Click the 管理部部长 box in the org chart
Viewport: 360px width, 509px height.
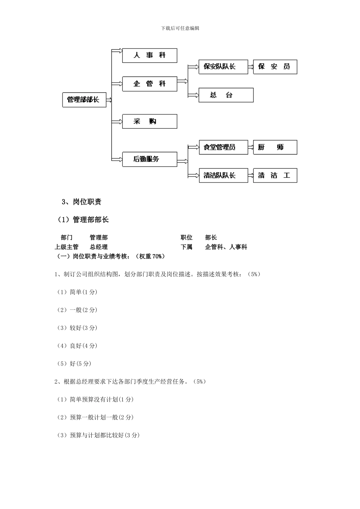pyautogui.click(x=84, y=100)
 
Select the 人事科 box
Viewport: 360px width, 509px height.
pyautogui.click(x=150, y=55)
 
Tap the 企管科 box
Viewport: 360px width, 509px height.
pyautogui.click(x=150, y=84)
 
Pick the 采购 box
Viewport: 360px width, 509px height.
pyautogui.click(x=150, y=122)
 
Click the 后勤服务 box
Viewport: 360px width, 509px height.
pyautogui.click(x=150, y=159)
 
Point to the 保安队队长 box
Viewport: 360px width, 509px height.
pyautogui.click(x=223, y=67)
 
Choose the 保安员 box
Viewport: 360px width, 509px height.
pyautogui.click(x=275, y=67)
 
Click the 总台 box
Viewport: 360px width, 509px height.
pyautogui.click(x=226, y=95)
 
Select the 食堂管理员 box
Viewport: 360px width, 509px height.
pyautogui.click(x=223, y=147)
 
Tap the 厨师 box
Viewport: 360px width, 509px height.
pyautogui.click(x=275, y=147)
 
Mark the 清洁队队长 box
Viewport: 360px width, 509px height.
pyautogui.click(x=223, y=175)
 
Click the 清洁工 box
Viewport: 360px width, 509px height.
pyautogui.click(x=275, y=175)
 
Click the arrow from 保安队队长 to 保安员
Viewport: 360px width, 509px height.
pyautogui.click(x=250, y=67)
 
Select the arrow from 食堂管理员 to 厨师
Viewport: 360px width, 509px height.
pyautogui.click(x=250, y=147)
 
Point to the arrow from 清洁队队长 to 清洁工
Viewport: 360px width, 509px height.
pyautogui.click(x=250, y=175)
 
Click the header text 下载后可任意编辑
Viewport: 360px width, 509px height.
pyautogui.click(x=180, y=28)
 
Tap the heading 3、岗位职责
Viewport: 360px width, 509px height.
pyautogui.click(x=81, y=202)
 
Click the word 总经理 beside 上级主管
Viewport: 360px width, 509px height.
pyautogui.click(x=99, y=247)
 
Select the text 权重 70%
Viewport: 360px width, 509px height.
pyautogui.click(x=152, y=256)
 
